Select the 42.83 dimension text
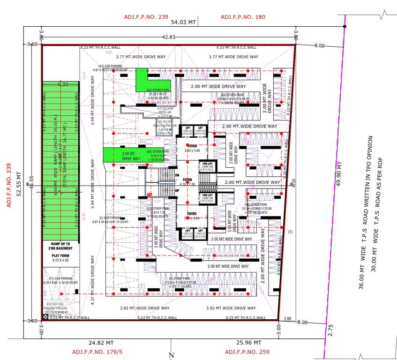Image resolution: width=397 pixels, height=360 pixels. point(168,37)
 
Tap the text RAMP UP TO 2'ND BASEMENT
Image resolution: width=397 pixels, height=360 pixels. point(61,246)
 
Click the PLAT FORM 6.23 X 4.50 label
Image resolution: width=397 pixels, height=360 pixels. point(61,257)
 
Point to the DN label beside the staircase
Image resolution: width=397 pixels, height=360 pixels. point(177,175)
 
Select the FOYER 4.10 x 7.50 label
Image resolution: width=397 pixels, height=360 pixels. point(187,182)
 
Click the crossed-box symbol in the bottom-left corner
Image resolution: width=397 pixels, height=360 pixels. point(45,317)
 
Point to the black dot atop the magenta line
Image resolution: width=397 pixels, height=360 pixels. point(345,27)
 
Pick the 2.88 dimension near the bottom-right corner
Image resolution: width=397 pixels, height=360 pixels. point(287,318)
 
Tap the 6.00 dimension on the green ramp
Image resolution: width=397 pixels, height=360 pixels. point(62,84)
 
